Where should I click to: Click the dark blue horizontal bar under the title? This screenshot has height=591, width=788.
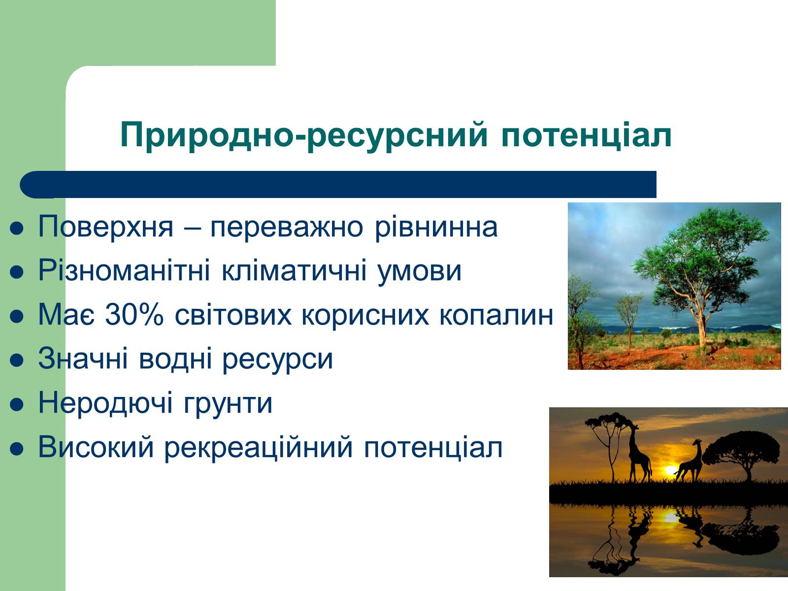(338, 184)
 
